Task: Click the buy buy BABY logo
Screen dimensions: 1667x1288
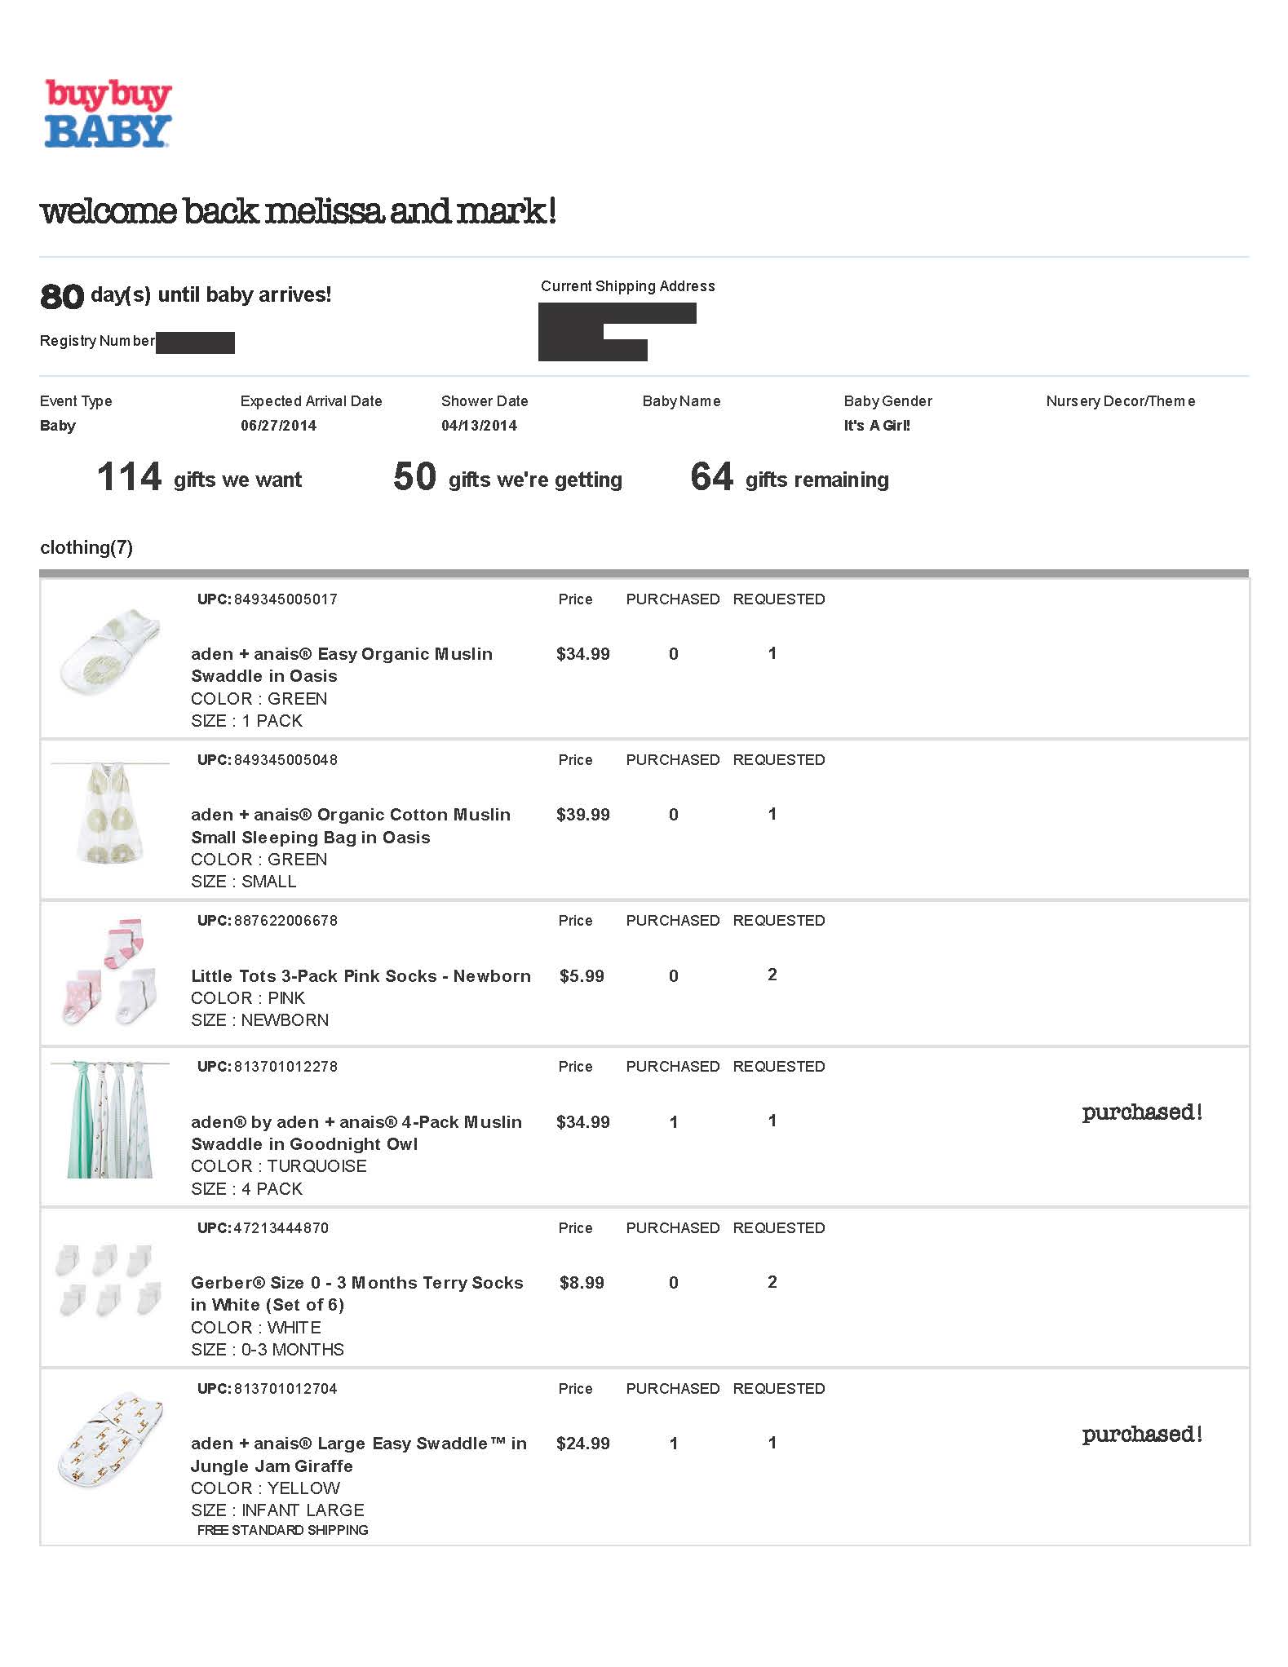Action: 108,114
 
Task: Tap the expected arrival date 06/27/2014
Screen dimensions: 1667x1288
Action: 278,426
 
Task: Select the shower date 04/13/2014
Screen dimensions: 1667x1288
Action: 479,426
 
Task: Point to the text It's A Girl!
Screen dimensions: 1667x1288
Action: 877,426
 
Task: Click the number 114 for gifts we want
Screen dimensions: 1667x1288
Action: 129,477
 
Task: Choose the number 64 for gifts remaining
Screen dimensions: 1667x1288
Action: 711,477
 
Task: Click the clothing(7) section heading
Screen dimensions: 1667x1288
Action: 86,547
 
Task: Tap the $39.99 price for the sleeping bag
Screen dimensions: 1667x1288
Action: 582,815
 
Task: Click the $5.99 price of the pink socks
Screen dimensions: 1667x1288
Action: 582,976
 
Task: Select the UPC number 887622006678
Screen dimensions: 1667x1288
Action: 285,921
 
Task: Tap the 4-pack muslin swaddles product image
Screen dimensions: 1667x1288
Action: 109,1120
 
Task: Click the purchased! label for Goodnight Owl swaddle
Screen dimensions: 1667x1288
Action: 1142,1112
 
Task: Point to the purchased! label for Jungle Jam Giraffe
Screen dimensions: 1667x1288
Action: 1142,1435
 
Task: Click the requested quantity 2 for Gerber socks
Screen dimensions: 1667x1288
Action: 772,1282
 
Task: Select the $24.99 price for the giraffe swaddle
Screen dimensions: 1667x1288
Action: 582,1444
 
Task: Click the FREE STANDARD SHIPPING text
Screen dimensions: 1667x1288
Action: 282,1530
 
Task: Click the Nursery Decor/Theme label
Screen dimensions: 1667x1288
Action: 1120,401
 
